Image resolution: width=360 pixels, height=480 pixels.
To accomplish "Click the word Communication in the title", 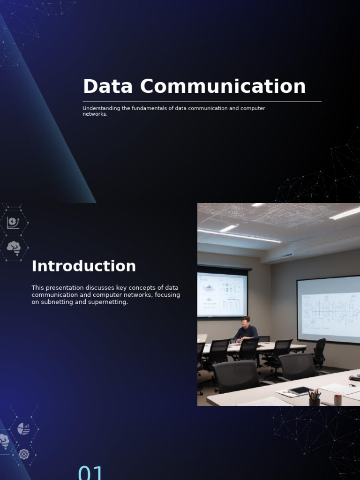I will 223,87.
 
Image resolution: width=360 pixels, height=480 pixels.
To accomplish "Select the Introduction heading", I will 84,266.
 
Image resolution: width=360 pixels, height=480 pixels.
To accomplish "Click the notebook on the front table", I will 300,390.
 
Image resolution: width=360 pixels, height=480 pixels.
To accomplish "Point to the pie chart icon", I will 23,428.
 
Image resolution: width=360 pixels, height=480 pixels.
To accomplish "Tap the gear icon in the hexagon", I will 24,454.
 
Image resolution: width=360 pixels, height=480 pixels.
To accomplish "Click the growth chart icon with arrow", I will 13,222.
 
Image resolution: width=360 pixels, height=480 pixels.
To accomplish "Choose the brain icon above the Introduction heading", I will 14,247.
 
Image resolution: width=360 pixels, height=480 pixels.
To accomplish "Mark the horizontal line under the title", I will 202,101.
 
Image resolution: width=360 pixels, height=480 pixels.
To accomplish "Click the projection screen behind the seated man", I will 222,295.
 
